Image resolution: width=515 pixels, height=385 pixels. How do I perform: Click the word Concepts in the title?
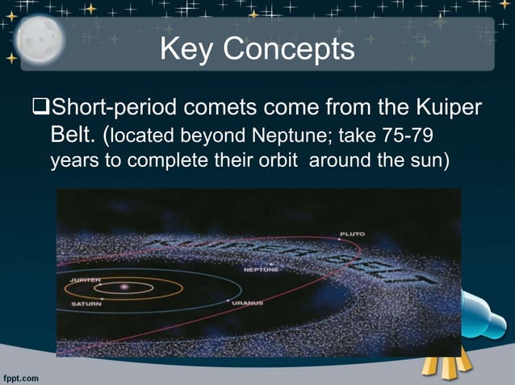288,50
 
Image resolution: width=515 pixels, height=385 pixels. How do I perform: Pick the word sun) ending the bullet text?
427,159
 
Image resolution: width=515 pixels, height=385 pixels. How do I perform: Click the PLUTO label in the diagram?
352,234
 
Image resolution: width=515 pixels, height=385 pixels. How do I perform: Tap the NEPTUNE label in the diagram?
261,269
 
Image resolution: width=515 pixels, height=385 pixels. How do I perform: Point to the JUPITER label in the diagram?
86,279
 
